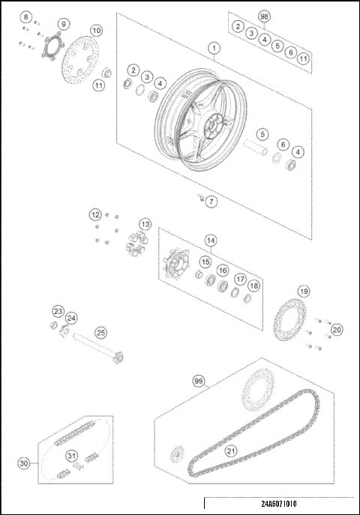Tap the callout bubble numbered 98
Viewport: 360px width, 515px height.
point(263,16)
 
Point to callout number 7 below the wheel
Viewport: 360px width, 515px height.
point(211,202)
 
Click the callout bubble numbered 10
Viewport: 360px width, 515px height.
point(96,31)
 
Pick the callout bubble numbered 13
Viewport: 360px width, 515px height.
point(144,224)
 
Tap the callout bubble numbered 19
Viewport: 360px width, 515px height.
point(303,291)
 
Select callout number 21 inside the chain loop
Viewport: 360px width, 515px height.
point(230,451)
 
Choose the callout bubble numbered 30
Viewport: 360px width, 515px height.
point(24,463)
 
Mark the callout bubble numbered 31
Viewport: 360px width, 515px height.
point(72,455)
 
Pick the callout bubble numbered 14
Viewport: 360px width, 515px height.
point(211,241)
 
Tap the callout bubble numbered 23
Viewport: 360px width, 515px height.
point(58,311)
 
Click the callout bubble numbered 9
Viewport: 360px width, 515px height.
point(62,24)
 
